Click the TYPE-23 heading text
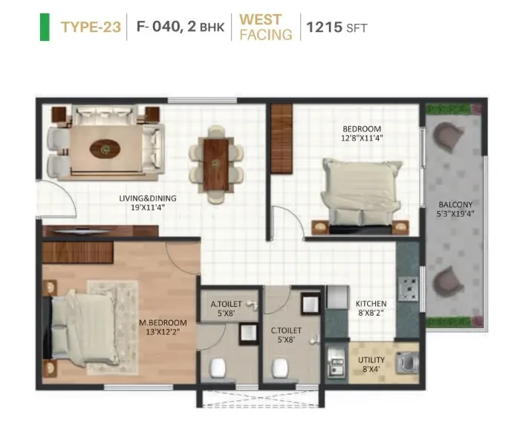(91, 27)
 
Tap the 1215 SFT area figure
(336, 27)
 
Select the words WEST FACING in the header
(266, 27)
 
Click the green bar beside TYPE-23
(45, 27)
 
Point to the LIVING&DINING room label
(148, 198)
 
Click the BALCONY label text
(455, 205)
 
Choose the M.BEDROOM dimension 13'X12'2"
(163, 332)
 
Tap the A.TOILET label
(226, 305)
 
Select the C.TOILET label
(286, 331)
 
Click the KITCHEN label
(371, 304)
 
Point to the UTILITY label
(371, 360)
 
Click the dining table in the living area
(216, 164)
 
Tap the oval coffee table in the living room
(105, 149)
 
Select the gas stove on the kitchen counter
(408, 289)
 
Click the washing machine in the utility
(408, 362)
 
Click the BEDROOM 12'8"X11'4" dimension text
(362, 138)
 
